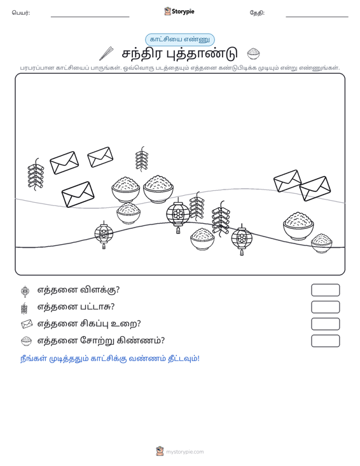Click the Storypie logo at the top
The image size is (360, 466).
(179, 11)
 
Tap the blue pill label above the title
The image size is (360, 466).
(180, 39)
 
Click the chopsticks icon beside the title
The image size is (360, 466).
(106, 53)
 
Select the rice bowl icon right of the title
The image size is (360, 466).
(254, 54)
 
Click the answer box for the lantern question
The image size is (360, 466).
(325, 290)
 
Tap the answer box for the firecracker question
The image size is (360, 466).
(325, 307)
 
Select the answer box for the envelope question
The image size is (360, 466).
(325, 324)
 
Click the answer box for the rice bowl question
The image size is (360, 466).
(325, 341)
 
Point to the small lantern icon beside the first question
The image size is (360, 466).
(25, 291)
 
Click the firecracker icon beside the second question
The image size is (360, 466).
(24, 308)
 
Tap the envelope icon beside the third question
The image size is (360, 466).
(27, 324)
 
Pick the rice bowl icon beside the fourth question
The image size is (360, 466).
(27, 341)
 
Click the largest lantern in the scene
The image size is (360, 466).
(178, 215)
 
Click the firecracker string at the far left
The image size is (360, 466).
(36, 174)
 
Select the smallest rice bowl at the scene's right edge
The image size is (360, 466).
(322, 243)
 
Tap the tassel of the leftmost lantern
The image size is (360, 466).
(104, 246)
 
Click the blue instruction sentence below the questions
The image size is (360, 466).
(109, 359)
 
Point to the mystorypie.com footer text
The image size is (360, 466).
(184, 452)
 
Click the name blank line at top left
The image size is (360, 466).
(90, 17)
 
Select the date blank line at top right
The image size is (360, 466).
(317, 17)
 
